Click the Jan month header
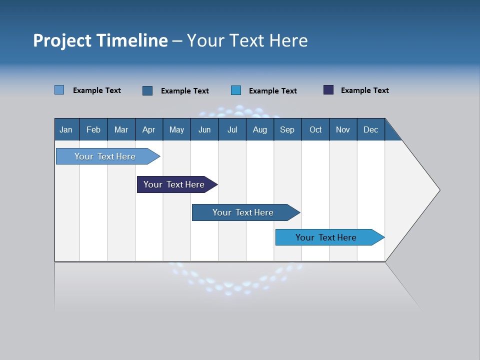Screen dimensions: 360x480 tap(66, 129)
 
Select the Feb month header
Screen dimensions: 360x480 tap(93, 129)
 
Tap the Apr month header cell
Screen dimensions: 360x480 tap(149, 129)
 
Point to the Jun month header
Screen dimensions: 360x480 tap(204, 129)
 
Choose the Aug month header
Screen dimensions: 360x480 tap(260, 129)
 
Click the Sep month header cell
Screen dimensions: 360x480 tap(287, 129)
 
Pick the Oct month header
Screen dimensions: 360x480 tap(315, 129)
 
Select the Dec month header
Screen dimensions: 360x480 tap(371, 129)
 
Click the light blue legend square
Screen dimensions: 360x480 tap(59, 90)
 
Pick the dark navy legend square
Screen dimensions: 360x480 tap(328, 90)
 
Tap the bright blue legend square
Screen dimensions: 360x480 tap(236, 90)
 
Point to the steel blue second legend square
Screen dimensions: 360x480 tap(147, 90)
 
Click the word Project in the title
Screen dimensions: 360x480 tap(62, 40)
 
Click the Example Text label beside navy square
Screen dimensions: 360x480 tap(365, 90)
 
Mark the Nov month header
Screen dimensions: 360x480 tap(343, 129)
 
